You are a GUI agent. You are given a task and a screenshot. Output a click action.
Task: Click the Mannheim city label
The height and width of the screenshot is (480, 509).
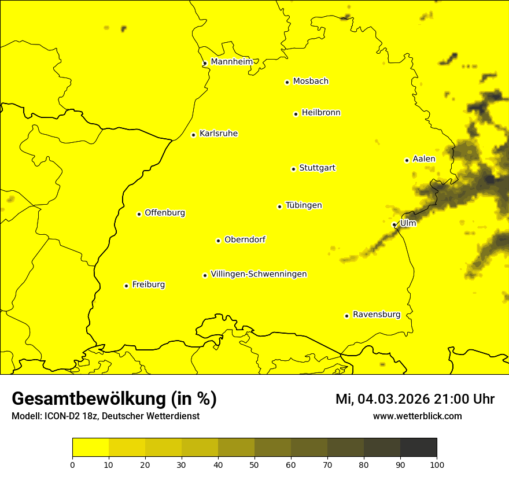tap(231, 62)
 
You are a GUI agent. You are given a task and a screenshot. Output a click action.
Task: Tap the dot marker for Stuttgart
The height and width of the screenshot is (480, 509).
tap(293, 169)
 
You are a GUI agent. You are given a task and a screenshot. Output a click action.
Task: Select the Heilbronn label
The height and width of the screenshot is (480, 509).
tap(321, 113)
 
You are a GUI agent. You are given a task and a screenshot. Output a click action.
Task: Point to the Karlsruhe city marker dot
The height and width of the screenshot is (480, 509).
tap(193, 135)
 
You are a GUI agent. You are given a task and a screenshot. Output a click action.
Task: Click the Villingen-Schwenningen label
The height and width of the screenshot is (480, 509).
tap(259, 274)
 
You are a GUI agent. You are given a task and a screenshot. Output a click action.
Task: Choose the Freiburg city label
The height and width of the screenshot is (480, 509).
tap(148, 285)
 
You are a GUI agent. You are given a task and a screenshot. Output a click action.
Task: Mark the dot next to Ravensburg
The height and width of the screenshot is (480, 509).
tap(346, 316)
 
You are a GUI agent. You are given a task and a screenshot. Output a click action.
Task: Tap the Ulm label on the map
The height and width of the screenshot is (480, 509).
tap(408, 223)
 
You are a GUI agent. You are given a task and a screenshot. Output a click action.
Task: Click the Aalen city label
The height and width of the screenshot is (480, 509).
tap(424, 159)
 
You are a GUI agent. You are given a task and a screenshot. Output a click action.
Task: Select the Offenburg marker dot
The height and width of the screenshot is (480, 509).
tap(139, 214)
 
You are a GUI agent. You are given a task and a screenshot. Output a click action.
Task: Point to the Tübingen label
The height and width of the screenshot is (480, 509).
tap(304, 205)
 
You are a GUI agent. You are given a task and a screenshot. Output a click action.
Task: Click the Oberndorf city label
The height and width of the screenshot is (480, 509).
tap(245, 239)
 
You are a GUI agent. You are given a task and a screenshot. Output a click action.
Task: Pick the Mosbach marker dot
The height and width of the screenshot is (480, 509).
tap(287, 82)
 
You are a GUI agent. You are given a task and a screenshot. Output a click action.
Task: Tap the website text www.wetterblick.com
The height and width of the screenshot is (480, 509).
tap(417, 416)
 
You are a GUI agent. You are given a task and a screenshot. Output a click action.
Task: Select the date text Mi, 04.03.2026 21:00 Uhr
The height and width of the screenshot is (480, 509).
tap(415, 399)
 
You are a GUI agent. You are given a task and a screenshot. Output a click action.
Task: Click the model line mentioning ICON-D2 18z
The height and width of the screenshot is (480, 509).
tap(105, 416)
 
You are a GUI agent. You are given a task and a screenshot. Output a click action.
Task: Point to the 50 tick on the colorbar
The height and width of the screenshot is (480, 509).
tap(254, 464)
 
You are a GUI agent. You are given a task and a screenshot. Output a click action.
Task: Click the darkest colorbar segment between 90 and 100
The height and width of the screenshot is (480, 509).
tap(418, 448)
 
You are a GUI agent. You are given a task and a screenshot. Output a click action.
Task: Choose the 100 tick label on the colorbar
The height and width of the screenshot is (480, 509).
tap(437, 464)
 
